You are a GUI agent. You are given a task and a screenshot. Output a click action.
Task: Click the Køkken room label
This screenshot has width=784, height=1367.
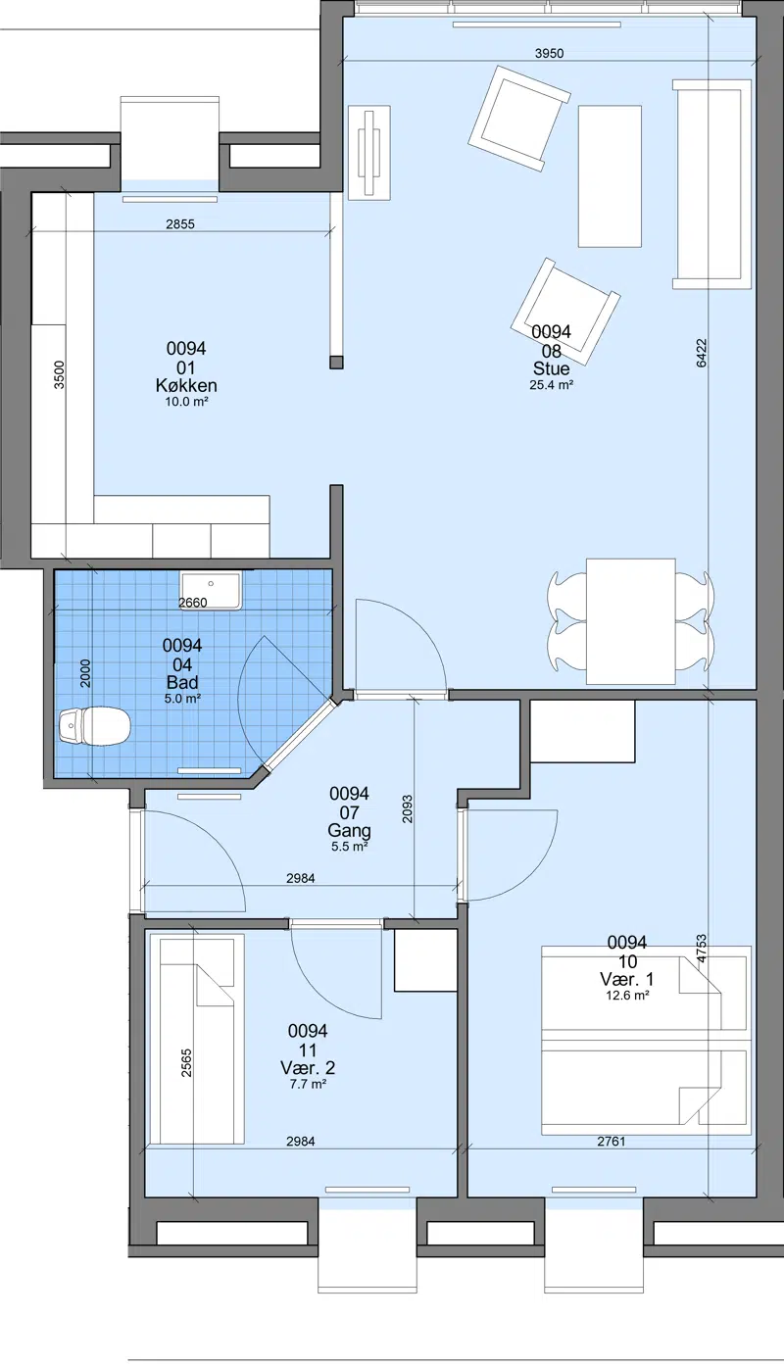[186, 385]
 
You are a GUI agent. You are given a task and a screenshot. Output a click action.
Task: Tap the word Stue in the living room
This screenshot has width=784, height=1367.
[551, 368]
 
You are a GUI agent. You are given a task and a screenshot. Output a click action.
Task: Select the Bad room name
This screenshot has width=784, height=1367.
[182, 682]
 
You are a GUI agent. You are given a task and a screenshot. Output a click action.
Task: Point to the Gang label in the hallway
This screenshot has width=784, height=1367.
[349, 831]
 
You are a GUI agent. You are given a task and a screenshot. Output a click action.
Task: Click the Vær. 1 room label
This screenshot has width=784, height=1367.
[626, 980]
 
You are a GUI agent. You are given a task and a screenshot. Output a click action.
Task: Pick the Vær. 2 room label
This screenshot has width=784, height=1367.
[308, 1068]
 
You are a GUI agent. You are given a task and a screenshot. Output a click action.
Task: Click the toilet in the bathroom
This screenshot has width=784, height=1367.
[95, 725]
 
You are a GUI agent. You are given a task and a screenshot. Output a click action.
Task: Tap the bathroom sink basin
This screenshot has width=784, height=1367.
[211, 590]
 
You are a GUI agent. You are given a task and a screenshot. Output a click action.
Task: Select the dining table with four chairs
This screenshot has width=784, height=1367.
[631, 621]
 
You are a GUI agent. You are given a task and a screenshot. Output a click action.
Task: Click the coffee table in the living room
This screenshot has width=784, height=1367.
[610, 176]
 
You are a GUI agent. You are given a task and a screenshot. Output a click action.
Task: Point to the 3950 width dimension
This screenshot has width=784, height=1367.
[549, 53]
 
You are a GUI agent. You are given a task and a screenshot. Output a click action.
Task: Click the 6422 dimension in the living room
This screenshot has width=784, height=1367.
[701, 353]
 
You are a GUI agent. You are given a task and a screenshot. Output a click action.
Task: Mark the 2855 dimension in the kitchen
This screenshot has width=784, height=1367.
[180, 224]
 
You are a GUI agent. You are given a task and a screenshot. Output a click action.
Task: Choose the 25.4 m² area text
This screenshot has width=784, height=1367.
[551, 385]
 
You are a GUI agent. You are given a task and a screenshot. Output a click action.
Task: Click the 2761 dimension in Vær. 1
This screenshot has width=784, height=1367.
[612, 1142]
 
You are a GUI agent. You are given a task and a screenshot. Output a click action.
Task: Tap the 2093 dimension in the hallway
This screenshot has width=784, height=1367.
[407, 808]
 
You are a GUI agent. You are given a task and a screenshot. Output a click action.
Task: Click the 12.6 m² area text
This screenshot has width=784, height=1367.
[626, 996]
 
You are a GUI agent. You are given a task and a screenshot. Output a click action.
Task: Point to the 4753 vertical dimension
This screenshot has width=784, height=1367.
[701, 949]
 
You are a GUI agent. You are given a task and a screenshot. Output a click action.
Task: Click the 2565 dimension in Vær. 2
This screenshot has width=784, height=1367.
[186, 1062]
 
